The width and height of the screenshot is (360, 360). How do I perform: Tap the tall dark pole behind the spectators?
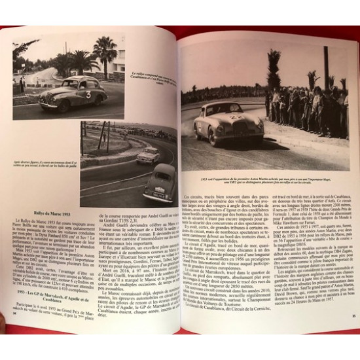(x=325, y=65)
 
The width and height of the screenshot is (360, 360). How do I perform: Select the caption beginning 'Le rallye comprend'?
(x=151, y=78)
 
